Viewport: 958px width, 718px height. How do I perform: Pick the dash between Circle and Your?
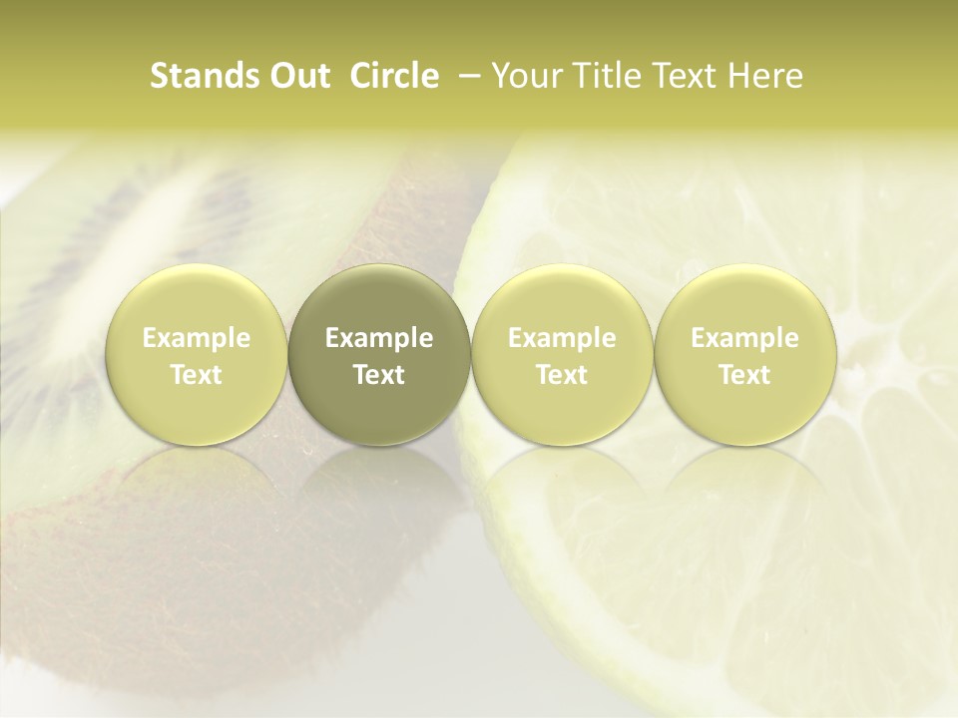point(466,76)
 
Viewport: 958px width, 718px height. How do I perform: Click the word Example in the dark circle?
point(379,338)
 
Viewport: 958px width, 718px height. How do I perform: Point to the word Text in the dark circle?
point(379,375)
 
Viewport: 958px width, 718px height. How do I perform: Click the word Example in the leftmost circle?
point(197,338)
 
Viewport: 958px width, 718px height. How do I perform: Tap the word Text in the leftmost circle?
point(197,375)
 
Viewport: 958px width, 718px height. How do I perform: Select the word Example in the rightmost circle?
point(745,338)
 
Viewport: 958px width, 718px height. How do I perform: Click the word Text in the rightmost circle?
point(745,375)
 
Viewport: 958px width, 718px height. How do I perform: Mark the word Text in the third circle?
point(562,375)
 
